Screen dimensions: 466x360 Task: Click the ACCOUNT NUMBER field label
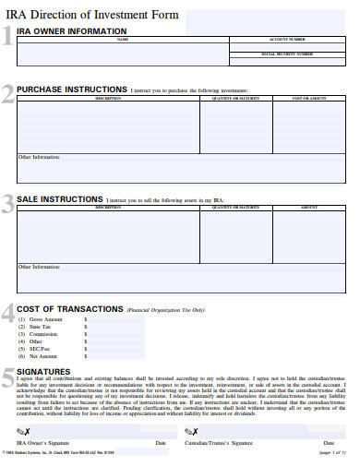(x=287, y=40)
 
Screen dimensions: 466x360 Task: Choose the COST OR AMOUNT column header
(x=309, y=98)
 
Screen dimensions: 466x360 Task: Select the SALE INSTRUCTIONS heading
(x=60, y=199)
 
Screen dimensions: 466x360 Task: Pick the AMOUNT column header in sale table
(x=309, y=208)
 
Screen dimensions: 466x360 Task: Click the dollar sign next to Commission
(x=86, y=333)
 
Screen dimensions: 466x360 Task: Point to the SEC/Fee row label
(x=41, y=348)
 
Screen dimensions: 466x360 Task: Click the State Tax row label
(x=40, y=326)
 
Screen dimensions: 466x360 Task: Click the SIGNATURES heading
(x=42, y=371)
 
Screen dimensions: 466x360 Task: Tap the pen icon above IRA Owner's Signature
(x=22, y=432)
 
